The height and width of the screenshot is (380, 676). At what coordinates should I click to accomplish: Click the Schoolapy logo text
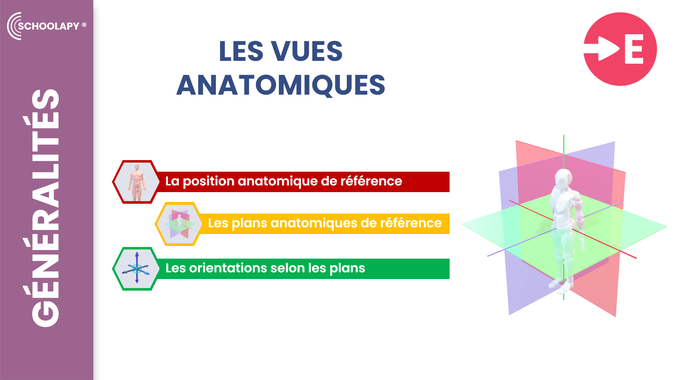click(x=49, y=26)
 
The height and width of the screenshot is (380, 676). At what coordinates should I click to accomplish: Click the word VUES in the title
click(x=307, y=51)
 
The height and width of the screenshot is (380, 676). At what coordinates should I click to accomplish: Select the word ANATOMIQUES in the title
click(x=281, y=85)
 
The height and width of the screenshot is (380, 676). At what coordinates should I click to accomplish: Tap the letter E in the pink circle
click(x=634, y=49)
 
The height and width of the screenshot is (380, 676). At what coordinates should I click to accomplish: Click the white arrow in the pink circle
click(x=602, y=49)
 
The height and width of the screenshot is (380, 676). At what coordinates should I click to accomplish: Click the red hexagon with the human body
click(x=136, y=182)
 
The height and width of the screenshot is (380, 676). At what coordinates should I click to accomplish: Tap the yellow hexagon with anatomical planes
click(x=179, y=224)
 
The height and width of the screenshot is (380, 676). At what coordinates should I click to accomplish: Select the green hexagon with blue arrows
click(x=136, y=269)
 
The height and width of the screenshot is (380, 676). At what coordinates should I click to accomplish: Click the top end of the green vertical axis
click(x=564, y=135)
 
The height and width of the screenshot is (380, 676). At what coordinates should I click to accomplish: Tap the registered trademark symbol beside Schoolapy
click(x=84, y=25)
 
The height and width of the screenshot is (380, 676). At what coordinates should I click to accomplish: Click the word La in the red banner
click(x=172, y=181)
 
